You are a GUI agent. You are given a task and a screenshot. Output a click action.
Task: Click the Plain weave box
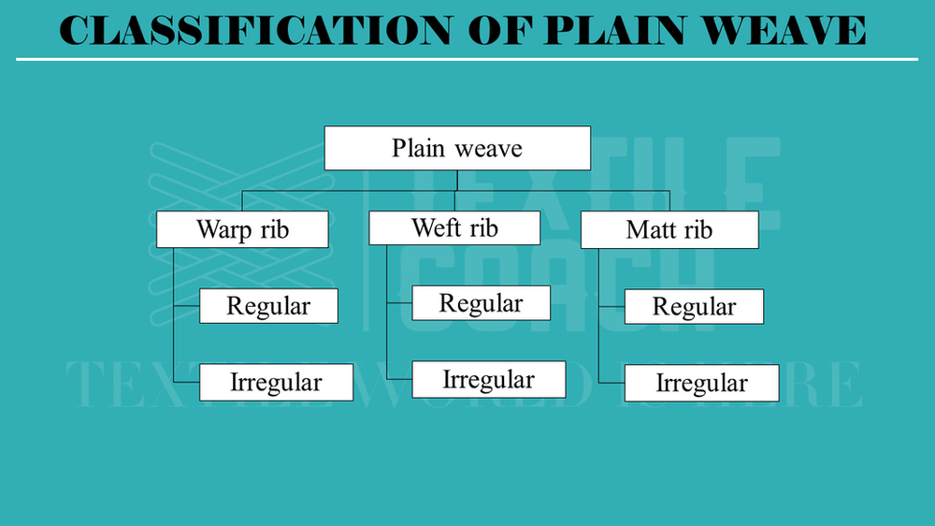457,149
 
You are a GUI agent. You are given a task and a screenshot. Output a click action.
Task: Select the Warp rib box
242,229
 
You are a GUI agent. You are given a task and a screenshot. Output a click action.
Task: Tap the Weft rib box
454,227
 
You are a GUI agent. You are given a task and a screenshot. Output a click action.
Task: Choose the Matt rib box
669,230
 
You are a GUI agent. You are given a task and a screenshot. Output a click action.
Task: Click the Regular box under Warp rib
268,305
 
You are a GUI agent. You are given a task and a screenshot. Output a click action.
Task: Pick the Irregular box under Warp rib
276,382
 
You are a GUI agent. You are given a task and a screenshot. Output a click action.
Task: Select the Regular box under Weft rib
481,303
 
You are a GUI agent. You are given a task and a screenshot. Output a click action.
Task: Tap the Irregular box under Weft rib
488,379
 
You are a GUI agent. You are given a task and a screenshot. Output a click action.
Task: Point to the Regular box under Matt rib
694,307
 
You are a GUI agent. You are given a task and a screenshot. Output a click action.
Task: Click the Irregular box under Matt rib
701,383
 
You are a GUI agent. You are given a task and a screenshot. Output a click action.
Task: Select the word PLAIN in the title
611,31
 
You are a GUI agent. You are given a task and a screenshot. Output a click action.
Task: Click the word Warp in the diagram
221,230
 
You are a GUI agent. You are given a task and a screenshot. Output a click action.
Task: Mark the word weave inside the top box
490,149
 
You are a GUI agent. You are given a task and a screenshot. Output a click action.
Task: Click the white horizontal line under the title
467,59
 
